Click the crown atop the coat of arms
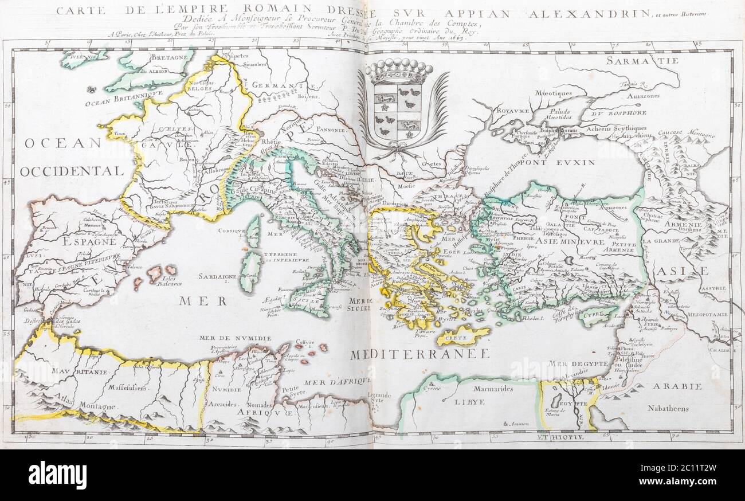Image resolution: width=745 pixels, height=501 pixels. [399, 72]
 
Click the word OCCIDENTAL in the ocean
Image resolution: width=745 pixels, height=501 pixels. [72, 171]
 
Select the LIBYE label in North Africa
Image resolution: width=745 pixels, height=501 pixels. [469, 402]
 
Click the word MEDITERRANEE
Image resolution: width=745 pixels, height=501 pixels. [419, 354]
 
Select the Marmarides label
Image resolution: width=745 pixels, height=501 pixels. [493, 389]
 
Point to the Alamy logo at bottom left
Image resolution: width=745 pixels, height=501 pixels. [57, 475]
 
